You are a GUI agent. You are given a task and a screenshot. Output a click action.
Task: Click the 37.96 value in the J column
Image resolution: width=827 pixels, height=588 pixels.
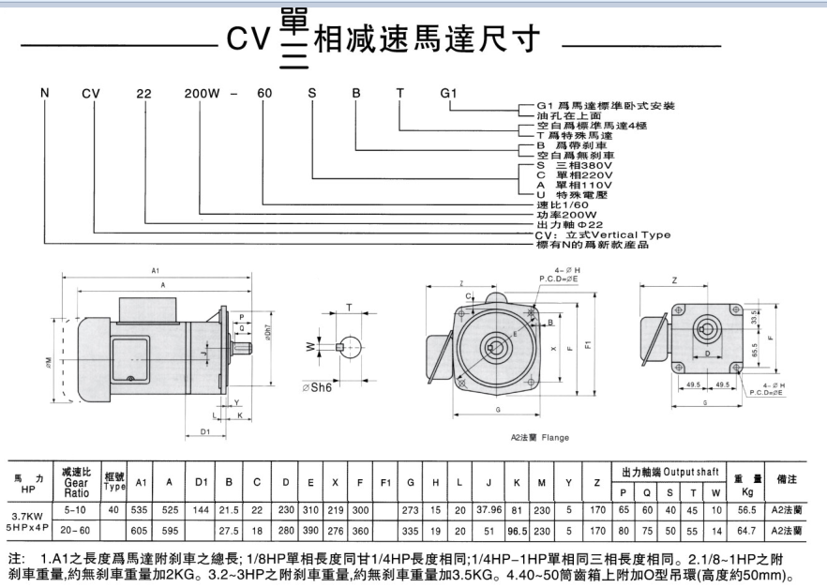point(489,511)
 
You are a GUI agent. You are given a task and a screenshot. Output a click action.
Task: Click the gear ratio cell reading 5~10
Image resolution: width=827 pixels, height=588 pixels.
point(76,511)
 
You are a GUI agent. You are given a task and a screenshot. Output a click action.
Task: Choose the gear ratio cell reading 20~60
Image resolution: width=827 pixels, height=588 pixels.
point(76,531)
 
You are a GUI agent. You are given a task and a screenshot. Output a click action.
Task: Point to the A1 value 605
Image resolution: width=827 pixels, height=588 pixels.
point(141,531)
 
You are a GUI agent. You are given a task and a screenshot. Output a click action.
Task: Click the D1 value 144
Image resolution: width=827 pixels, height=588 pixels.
point(200,511)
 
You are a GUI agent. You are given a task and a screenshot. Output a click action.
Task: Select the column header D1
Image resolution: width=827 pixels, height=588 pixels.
point(201,481)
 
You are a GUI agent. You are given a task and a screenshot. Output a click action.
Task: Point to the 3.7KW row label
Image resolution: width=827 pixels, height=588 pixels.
point(26,515)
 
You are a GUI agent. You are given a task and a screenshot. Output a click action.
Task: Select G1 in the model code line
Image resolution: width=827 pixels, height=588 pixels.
point(448,94)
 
